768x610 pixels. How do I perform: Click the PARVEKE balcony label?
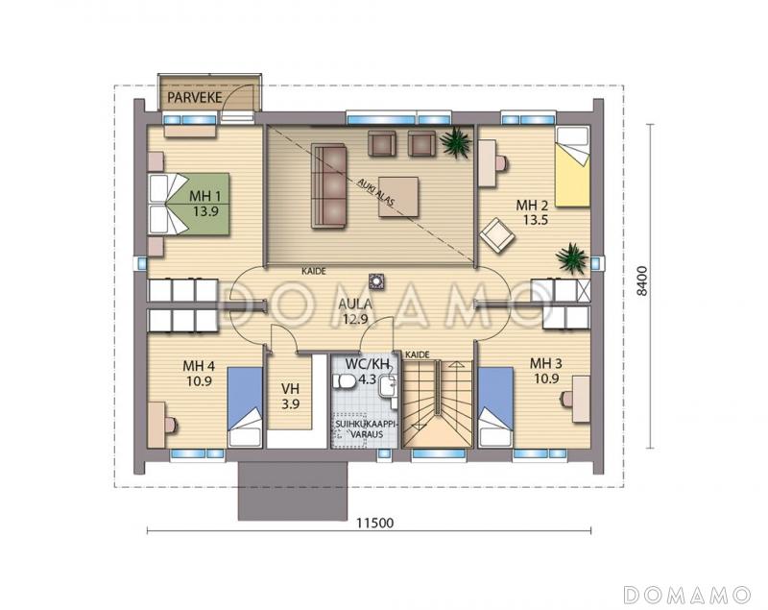(x=195, y=97)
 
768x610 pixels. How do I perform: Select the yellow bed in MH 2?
(x=572, y=166)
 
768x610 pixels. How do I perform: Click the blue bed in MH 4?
(x=245, y=406)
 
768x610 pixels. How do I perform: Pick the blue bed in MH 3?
(x=495, y=406)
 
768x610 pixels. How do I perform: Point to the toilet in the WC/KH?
(x=346, y=381)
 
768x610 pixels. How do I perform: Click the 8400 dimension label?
(x=642, y=281)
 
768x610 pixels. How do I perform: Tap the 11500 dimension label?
(x=374, y=524)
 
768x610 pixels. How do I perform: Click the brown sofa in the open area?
(x=328, y=185)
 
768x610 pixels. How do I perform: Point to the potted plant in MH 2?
(x=571, y=257)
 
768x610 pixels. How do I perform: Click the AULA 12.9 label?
(x=355, y=311)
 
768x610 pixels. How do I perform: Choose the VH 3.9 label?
(x=291, y=397)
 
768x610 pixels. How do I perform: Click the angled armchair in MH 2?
(x=497, y=235)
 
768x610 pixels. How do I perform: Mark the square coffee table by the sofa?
(x=398, y=197)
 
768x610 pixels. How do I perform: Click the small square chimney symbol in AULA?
(x=376, y=281)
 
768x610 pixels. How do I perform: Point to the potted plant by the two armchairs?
(x=455, y=141)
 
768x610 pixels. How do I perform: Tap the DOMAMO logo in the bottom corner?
(x=687, y=594)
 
